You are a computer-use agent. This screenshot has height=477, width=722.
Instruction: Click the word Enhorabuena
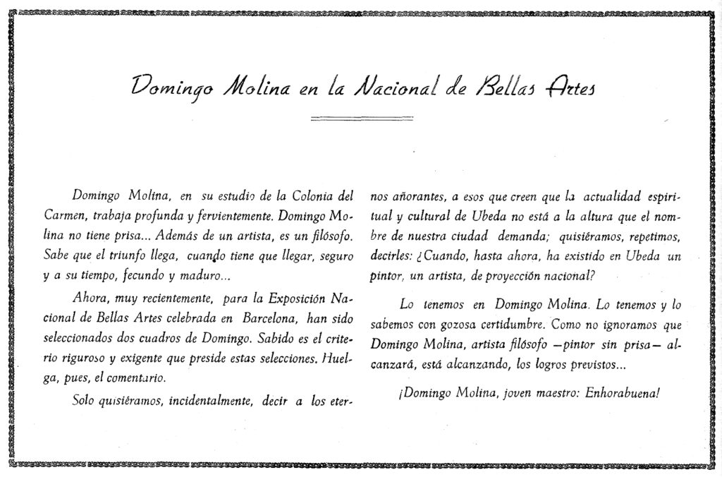tap(623, 393)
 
